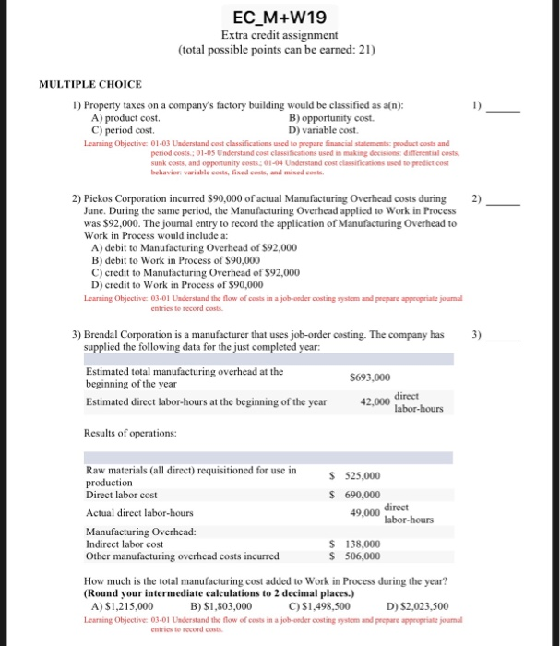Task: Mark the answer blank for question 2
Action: (x=504, y=199)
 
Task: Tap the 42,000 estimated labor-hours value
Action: (x=374, y=402)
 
